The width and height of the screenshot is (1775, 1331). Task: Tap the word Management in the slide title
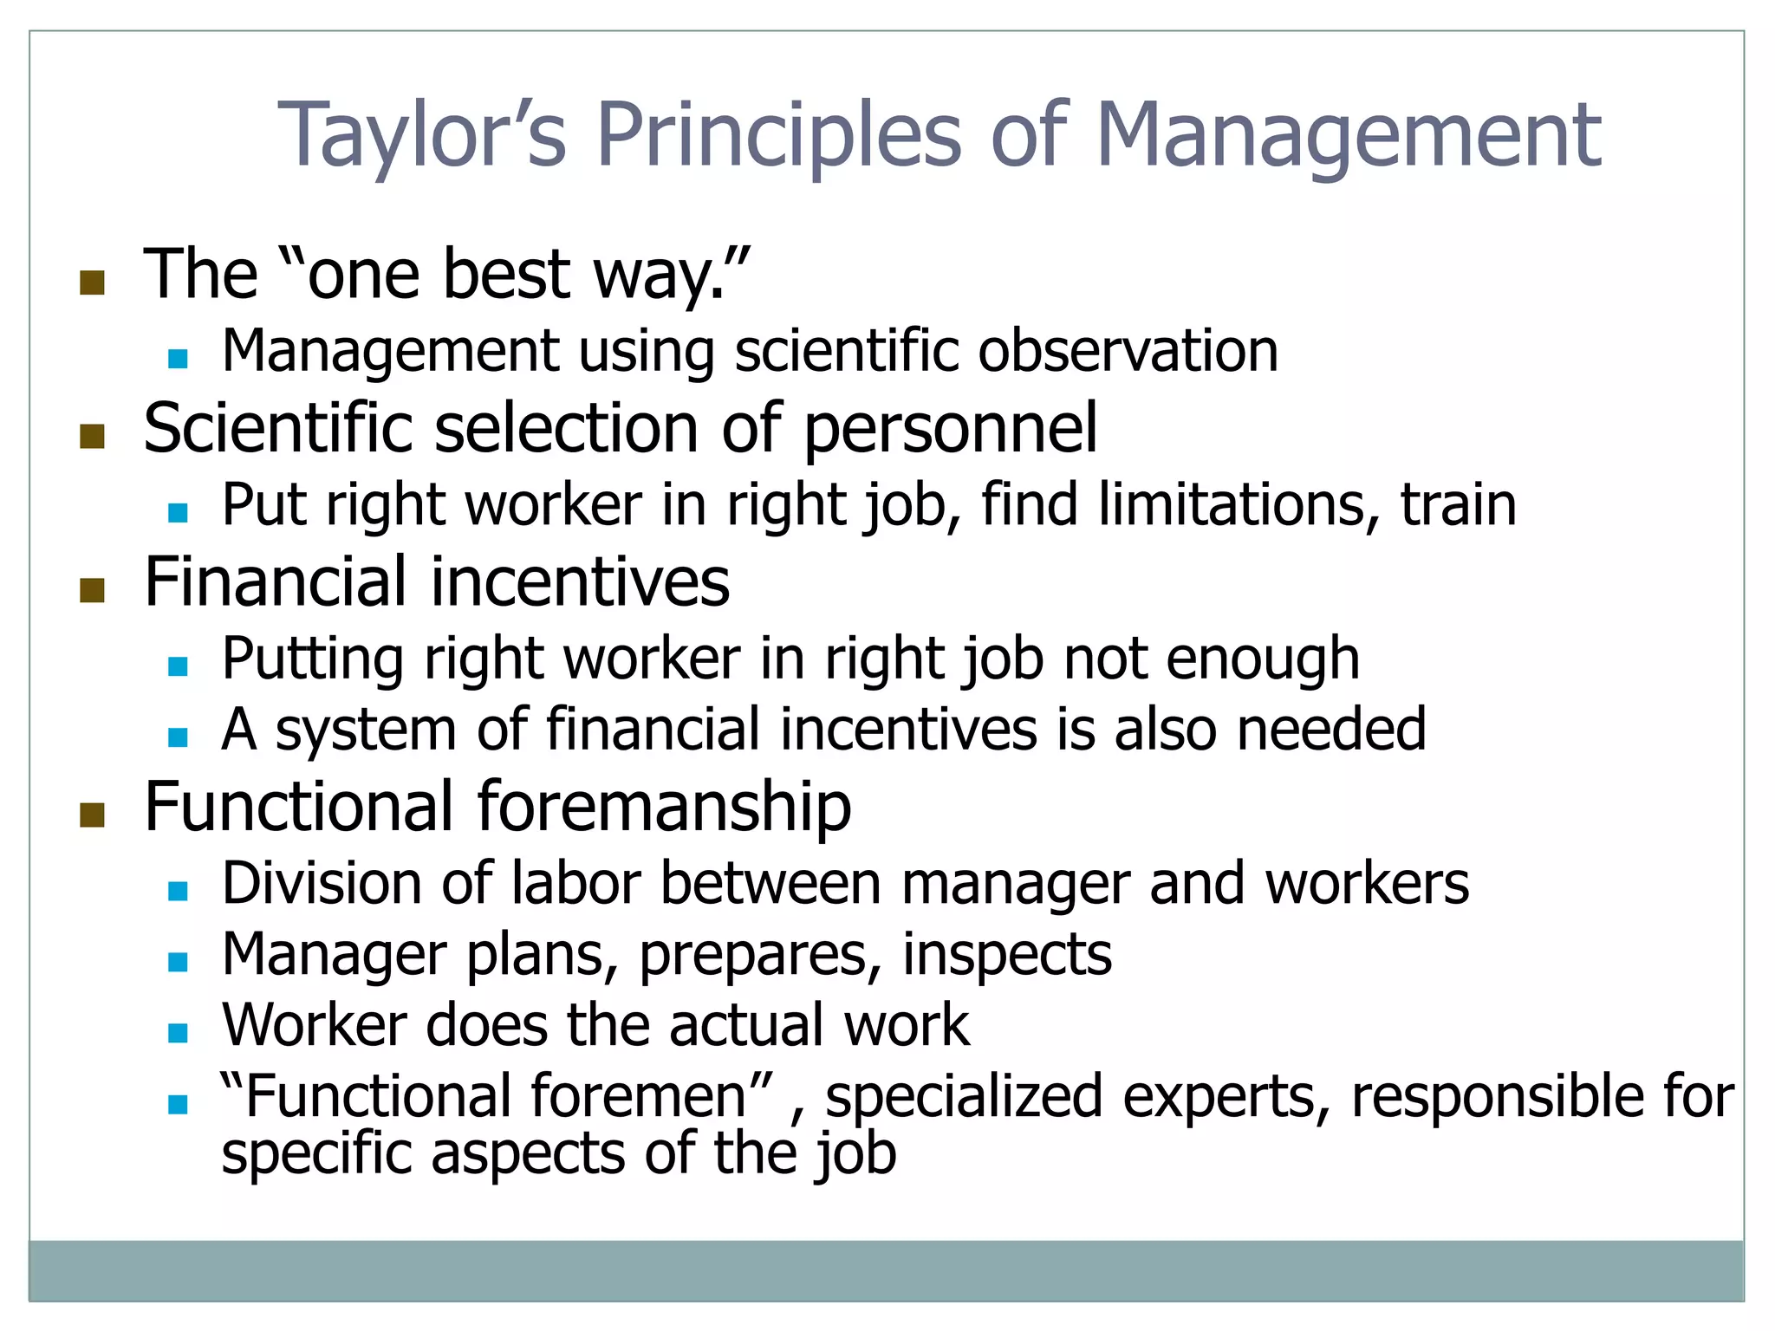pyautogui.click(x=1349, y=136)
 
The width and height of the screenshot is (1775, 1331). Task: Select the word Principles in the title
pyautogui.click(x=778, y=136)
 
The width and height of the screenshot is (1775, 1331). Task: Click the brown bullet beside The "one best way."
pyautogui.click(x=92, y=282)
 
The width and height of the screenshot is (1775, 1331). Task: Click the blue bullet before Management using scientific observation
pyautogui.click(x=179, y=358)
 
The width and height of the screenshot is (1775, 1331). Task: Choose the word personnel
pyautogui.click(x=951, y=430)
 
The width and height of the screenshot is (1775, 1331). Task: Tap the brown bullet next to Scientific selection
pyautogui.click(x=92, y=436)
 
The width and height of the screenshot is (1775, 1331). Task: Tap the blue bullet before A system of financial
pyautogui.click(x=179, y=737)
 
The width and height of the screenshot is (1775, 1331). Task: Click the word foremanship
pyautogui.click(x=664, y=808)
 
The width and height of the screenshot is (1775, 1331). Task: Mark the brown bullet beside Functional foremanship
pyautogui.click(x=92, y=815)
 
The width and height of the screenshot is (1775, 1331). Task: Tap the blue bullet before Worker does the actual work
pyautogui.click(x=179, y=1032)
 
